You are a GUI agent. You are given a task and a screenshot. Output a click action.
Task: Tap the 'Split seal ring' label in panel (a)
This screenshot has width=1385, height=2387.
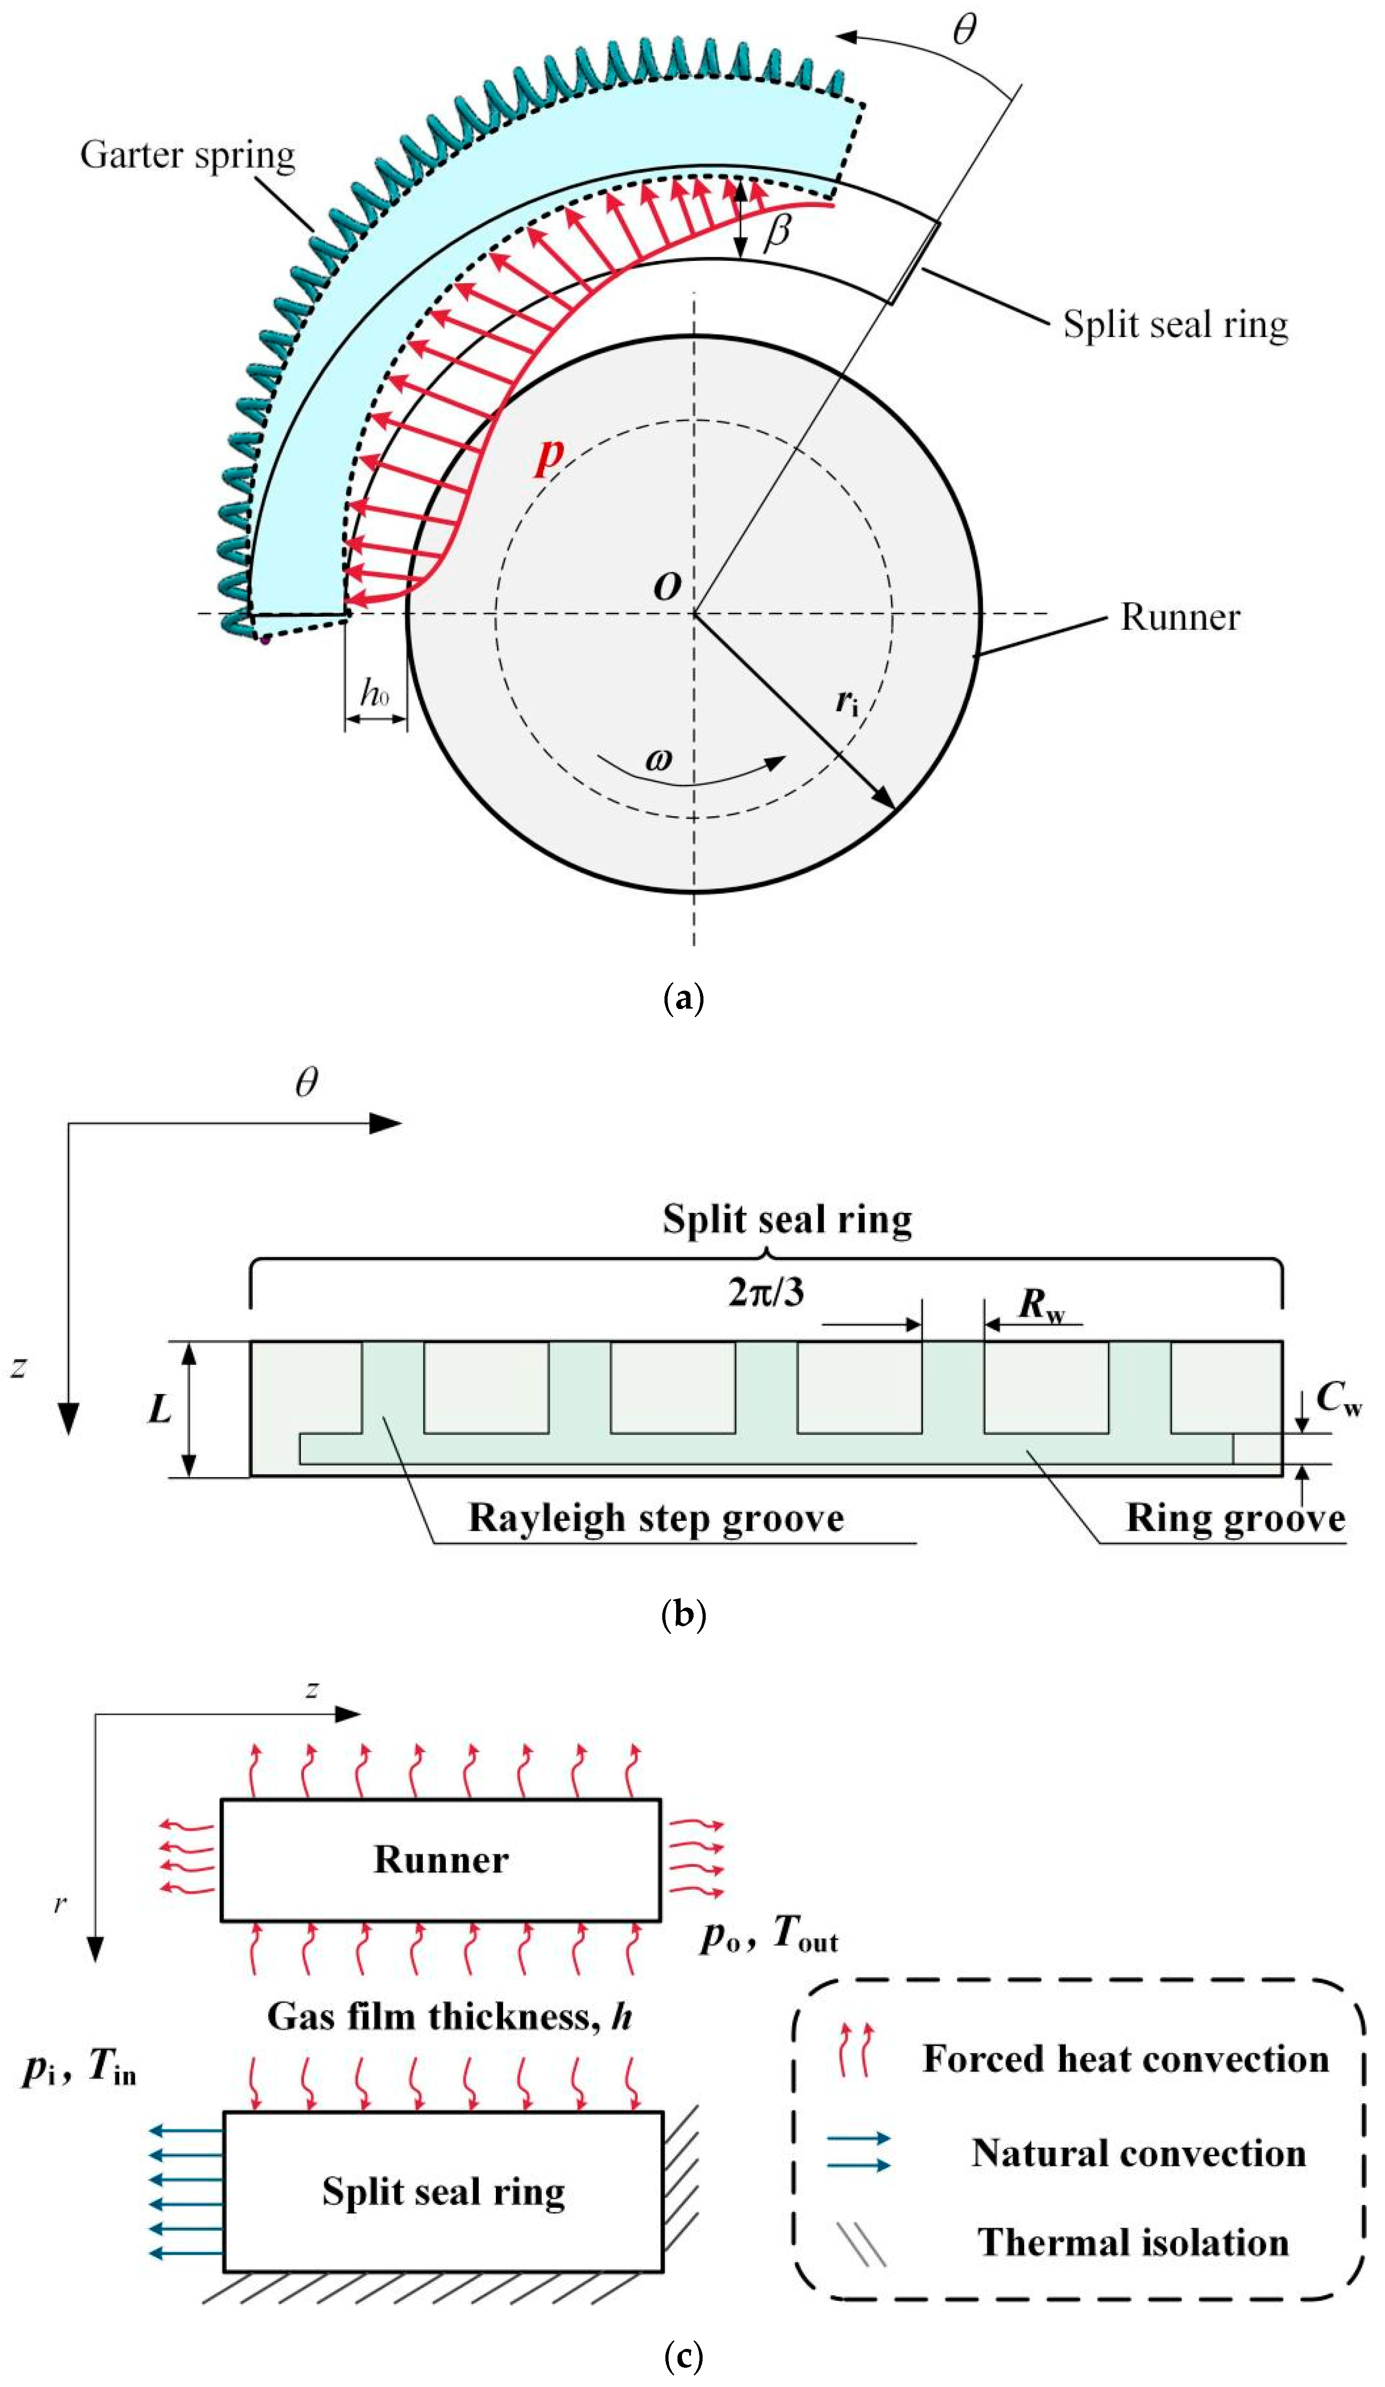(1175, 324)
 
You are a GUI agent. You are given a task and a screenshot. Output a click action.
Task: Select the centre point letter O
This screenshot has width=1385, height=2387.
(667, 587)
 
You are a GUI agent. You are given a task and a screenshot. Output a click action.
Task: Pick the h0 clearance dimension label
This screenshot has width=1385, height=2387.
(375, 693)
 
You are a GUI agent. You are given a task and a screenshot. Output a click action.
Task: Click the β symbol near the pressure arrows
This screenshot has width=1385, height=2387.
(777, 230)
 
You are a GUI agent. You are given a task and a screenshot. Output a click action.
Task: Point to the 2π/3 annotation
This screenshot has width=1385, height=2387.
(765, 1291)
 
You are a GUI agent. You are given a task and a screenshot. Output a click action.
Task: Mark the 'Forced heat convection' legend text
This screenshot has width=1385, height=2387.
(1125, 2058)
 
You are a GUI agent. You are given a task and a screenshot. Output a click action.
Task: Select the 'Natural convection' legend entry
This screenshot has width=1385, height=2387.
(1138, 2153)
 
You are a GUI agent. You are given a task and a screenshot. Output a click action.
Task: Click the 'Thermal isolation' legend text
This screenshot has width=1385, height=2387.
(1133, 2242)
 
